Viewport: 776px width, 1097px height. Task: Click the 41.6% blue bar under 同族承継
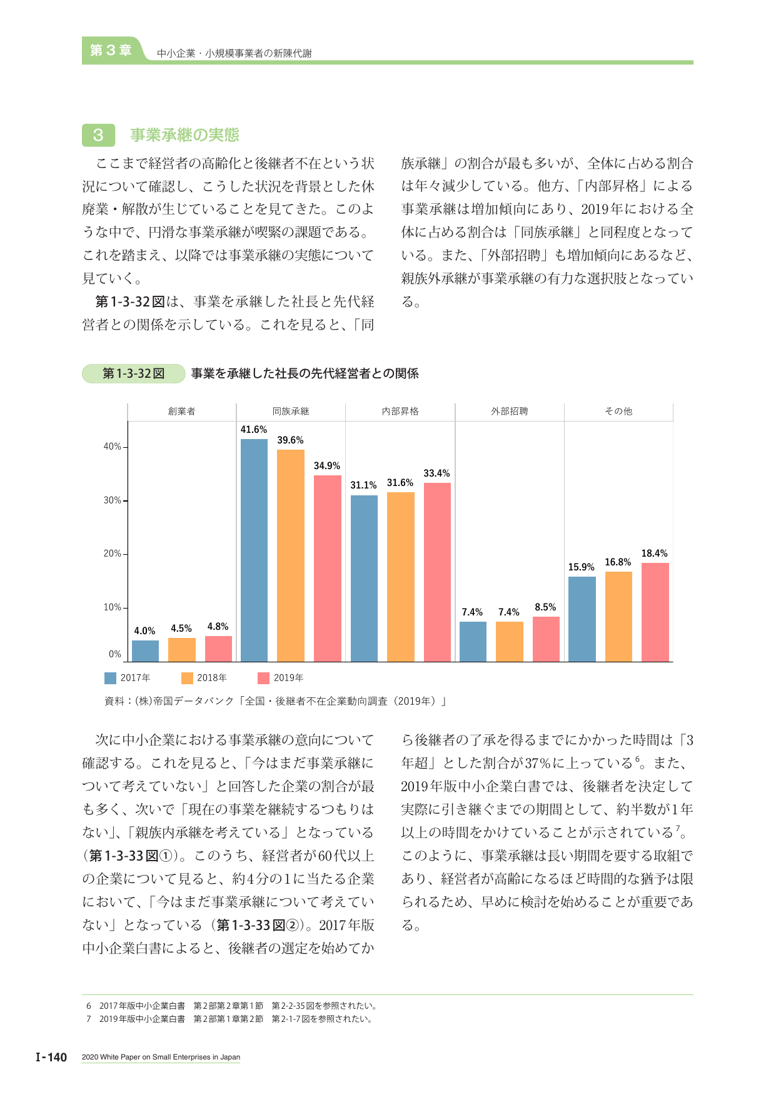[254, 550]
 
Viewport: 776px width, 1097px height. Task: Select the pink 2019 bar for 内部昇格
[437, 572]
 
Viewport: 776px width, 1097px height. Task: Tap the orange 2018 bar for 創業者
[182, 650]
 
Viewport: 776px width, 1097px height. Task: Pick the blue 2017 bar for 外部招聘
[473, 642]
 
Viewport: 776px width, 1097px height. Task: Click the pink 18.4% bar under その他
[655, 612]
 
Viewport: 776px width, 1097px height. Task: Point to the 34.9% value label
[327, 466]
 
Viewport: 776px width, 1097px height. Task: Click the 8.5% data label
[545, 607]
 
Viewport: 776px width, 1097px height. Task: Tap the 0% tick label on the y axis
[115, 654]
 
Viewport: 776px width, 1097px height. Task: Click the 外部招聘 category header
[510, 412]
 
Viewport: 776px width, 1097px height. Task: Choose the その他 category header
[618, 412]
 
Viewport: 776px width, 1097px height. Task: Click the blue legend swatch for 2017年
[110, 678]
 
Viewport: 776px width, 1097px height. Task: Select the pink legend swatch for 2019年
[263, 678]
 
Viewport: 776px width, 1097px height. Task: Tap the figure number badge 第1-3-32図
[134, 373]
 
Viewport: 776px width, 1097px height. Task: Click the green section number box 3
[98, 135]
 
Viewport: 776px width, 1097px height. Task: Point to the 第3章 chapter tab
[111, 50]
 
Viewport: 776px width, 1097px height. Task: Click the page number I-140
[51, 1057]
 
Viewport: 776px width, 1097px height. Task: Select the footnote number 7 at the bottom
[89, 1019]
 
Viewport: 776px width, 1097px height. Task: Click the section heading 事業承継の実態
[185, 135]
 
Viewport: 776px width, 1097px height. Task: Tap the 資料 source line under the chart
[275, 701]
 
